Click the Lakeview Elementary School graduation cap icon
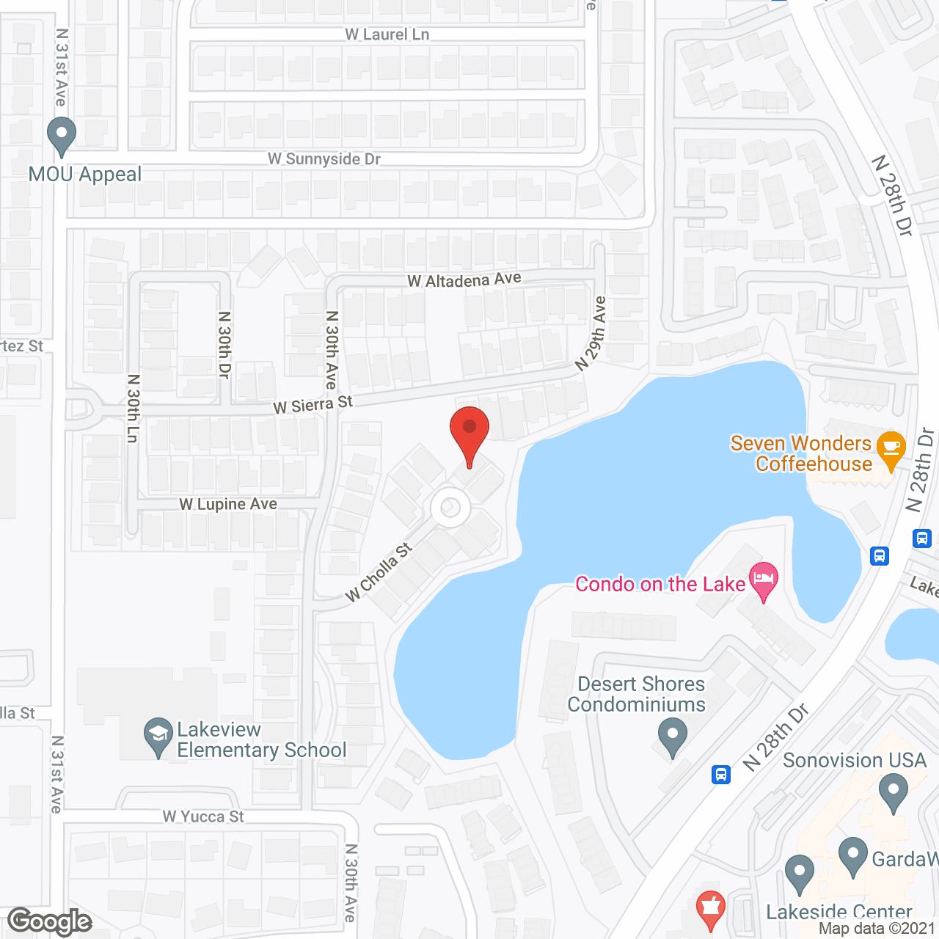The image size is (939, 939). pyautogui.click(x=158, y=737)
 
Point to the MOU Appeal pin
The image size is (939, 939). pyautogui.click(x=62, y=136)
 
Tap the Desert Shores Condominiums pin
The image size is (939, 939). pyautogui.click(x=672, y=736)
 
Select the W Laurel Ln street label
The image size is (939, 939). pyautogui.click(x=387, y=34)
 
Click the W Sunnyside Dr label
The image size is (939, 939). pyautogui.click(x=324, y=159)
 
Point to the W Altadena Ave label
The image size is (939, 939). pyautogui.click(x=464, y=279)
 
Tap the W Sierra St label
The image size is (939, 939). pyautogui.click(x=313, y=404)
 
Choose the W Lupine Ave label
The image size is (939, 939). pyautogui.click(x=228, y=504)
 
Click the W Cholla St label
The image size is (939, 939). pyautogui.click(x=379, y=571)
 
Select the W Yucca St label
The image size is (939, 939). pyautogui.click(x=203, y=816)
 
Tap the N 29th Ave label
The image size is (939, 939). pyautogui.click(x=591, y=333)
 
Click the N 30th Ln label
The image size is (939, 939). pyautogui.click(x=133, y=408)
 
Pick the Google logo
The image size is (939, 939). pyautogui.click(x=50, y=921)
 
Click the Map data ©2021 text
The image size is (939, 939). pyautogui.click(x=877, y=929)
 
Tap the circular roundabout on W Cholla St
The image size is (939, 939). pyautogui.click(x=450, y=508)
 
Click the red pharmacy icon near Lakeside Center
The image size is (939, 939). pyautogui.click(x=710, y=910)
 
